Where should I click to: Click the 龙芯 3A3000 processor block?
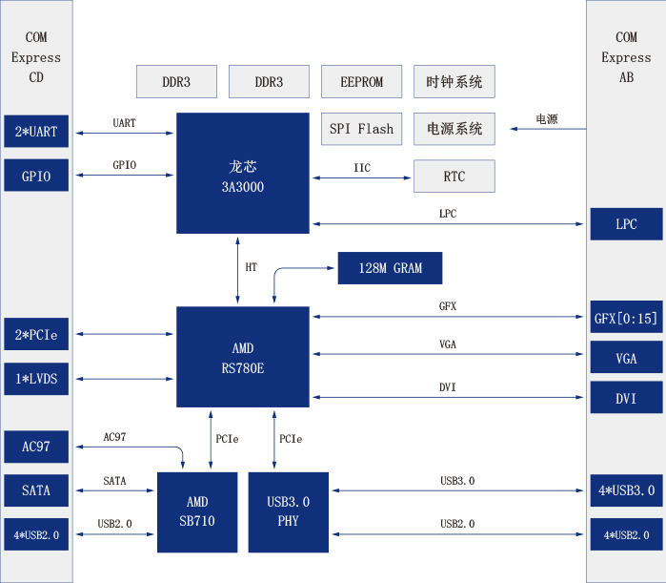242,173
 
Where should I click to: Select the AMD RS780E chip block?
242,355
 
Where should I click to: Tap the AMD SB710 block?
196,511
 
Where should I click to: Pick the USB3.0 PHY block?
288,511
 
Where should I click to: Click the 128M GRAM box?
391,268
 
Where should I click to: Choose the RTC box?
454,177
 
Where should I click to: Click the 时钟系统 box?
454,82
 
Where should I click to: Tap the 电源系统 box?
454,129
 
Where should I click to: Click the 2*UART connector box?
36,132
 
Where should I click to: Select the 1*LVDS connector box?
36,379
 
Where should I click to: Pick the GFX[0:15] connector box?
625,319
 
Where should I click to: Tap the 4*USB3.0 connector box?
625,491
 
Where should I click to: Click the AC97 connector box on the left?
36,446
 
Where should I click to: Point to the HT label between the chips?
252,268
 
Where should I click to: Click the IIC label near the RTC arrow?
362,168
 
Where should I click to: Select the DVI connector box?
625,398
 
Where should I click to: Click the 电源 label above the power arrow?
546,119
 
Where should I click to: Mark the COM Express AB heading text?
626,57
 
